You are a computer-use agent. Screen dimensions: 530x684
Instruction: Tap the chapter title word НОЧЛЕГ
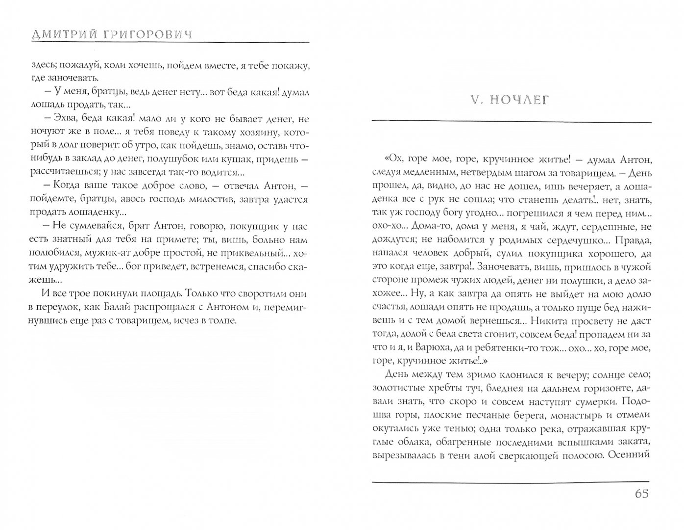pyautogui.click(x=520, y=100)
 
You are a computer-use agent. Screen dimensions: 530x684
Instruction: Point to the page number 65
pyautogui.click(x=638, y=494)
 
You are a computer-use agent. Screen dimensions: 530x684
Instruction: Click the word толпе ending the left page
pyautogui.click(x=222, y=321)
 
